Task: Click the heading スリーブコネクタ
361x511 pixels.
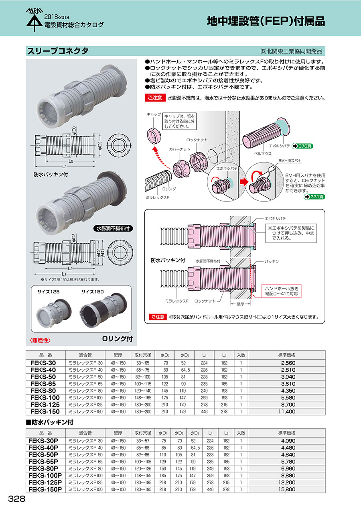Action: point(57,51)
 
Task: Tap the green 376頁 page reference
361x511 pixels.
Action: point(302,146)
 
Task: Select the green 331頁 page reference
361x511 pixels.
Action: point(314,197)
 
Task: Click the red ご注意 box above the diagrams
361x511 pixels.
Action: point(154,98)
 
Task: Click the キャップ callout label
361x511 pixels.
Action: point(154,114)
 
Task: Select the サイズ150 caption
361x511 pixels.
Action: point(93,291)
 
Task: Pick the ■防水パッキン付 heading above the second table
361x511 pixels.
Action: point(50,423)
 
